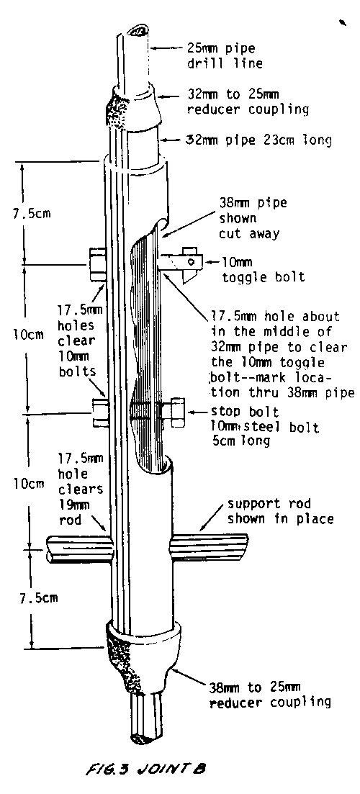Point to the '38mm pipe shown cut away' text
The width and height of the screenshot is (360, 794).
tap(253, 218)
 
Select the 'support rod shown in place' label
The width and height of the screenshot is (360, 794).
tap(280, 511)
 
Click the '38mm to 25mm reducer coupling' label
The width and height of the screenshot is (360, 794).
tap(270, 695)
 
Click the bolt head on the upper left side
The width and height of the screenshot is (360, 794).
tap(97, 263)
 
